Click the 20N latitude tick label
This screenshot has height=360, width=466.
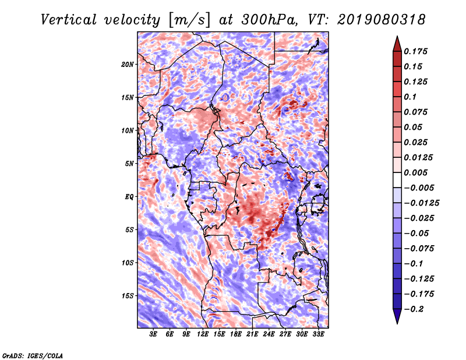pyautogui.click(x=128, y=65)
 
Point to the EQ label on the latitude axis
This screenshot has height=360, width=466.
pyautogui.click(x=129, y=197)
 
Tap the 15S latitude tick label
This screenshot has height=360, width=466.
pyautogui.click(x=128, y=296)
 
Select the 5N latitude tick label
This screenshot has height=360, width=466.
pyautogui.click(x=129, y=164)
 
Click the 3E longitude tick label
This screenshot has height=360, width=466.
pyautogui.click(x=153, y=334)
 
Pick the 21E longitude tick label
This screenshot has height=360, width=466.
pyautogui.click(x=252, y=334)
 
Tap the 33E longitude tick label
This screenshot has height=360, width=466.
pyautogui.click(x=318, y=334)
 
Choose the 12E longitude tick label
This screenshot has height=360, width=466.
pyautogui.click(x=202, y=334)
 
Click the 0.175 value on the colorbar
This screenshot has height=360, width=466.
pyautogui.click(x=415, y=51)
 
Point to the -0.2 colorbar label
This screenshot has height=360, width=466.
pyautogui.click(x=414, y=309)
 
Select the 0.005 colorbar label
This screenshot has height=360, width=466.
pyautogui.click(x=415, y=172)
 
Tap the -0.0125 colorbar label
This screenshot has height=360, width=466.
pyautogui.click(x=421, y=203)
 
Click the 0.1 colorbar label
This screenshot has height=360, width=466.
pyautogui.click(x=410, y=97)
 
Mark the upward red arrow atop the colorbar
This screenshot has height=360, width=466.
pyautogui.click(x=397, y=44)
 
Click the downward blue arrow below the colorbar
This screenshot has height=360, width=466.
pyautogui.click(x=397, y=316)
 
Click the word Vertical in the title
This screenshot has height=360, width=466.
pyautogui.click(x=69, y=20)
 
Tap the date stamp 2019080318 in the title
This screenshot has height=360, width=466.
pyautogui.click(x=382, y=20)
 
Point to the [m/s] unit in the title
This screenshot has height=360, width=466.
pyautogui.click(x=189, y=20)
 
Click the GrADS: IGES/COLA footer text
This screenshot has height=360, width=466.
pyautogui.click(x=33, y=355)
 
